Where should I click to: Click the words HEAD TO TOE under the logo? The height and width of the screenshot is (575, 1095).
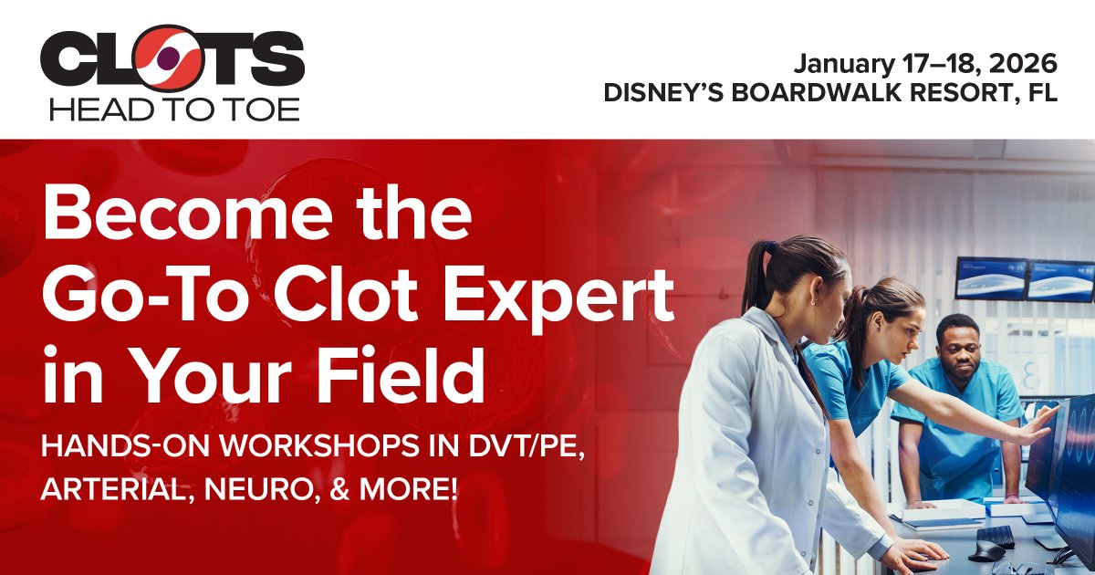coord(173,110)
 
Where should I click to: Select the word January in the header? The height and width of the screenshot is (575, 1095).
coord(838,64)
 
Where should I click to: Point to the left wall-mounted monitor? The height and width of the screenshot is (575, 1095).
coord(991,277)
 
